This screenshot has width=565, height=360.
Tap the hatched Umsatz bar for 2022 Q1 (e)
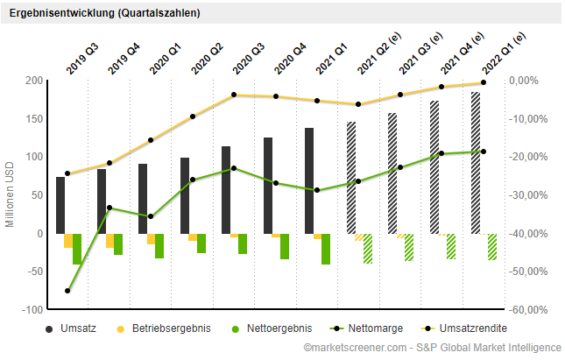point(476,163)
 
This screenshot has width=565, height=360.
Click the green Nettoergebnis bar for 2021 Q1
point(326,249)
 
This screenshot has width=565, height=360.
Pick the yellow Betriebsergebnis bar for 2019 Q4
point(109,241)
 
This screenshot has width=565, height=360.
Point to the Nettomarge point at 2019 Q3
point(67,291)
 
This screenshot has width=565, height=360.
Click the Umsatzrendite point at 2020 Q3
point(234,95)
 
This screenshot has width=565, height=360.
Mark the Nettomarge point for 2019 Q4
point(109,208)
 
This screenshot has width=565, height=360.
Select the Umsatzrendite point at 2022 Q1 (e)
point(484,82)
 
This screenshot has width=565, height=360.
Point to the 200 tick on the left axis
point(33,81)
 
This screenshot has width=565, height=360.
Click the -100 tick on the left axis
point(32,310)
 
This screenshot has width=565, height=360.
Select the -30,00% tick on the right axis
point(531,195)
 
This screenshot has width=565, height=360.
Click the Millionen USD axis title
point(11,194)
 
